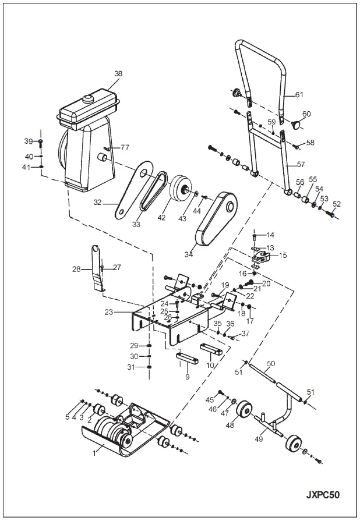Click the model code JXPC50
pos(323,495)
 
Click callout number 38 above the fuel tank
pos(118,74)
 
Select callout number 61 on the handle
pos(299,94)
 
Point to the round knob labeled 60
pos(297,123)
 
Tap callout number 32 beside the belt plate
pos(98,203)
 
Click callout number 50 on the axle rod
pos(270,364)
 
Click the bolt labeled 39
pos(41,141)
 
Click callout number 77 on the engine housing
pos(125,147)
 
